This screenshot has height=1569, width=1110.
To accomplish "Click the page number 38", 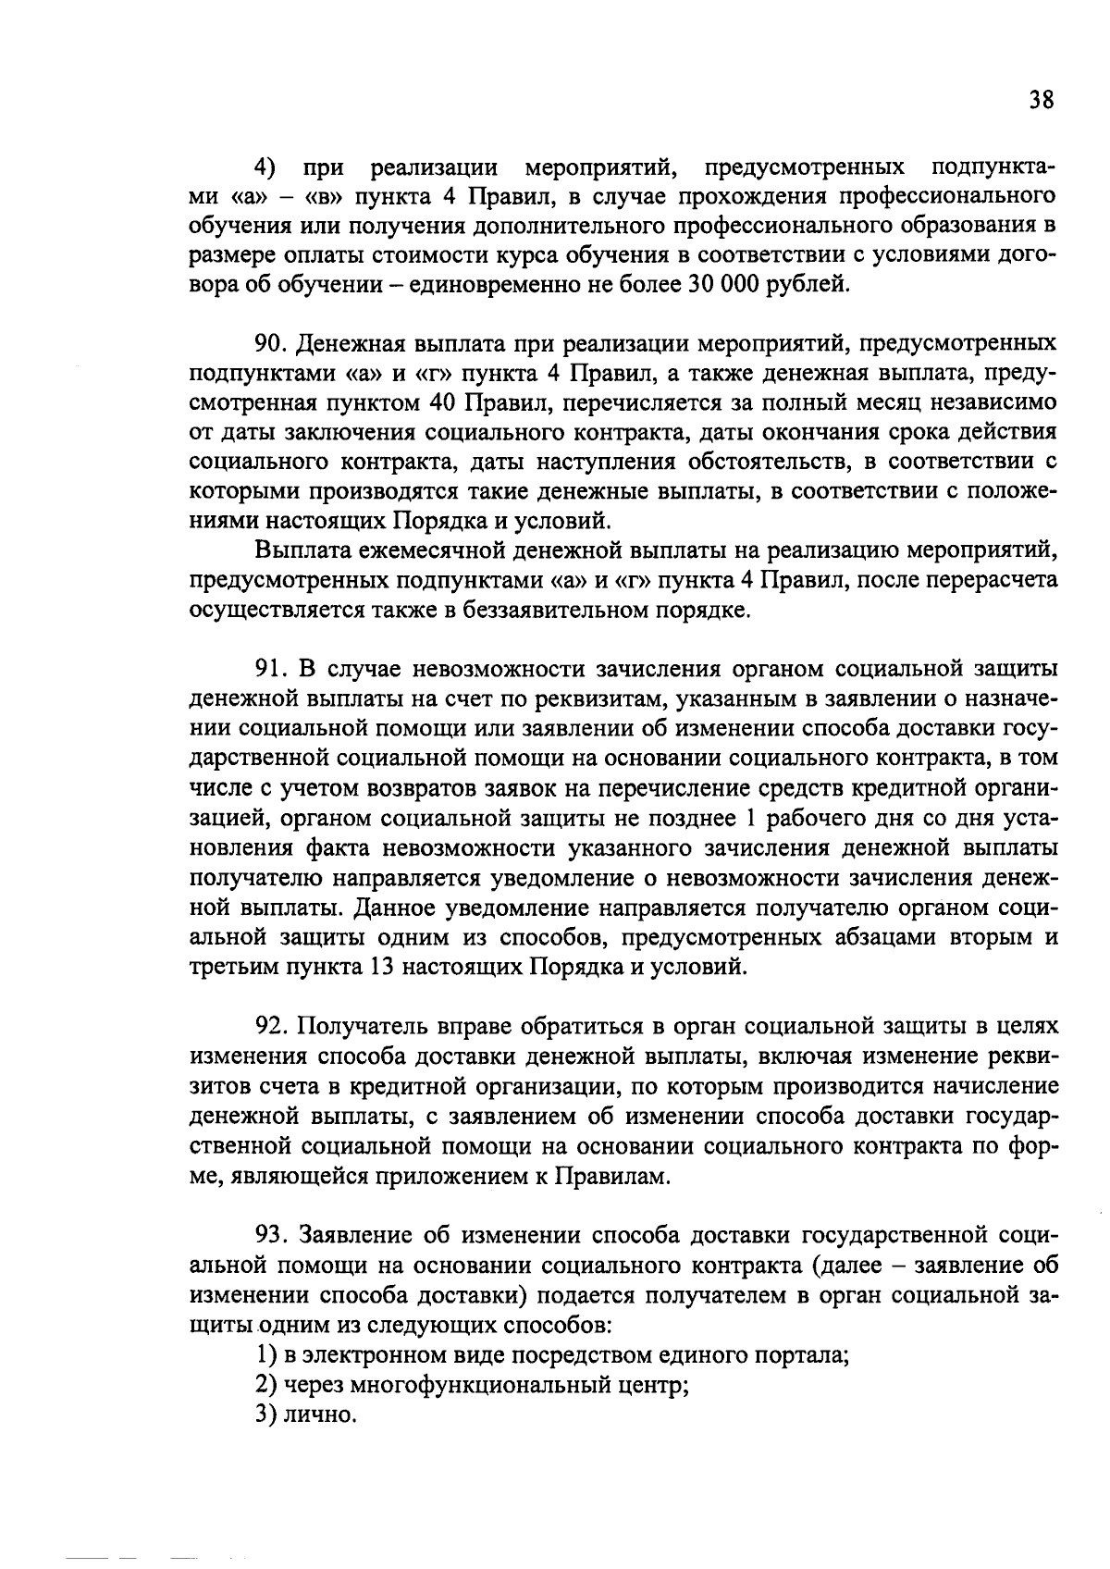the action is coord(1041,100).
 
